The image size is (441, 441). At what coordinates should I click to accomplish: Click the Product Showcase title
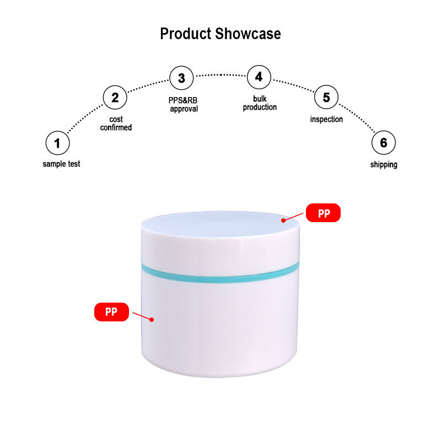pos(220,34)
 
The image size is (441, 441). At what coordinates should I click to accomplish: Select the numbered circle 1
pos(57,143)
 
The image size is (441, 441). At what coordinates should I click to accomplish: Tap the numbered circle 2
pos(115,98)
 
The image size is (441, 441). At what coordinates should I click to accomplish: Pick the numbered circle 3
pos(181,78)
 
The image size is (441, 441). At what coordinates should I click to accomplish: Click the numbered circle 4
pos(259,77)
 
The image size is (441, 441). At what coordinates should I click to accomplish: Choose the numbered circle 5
pos(326,98)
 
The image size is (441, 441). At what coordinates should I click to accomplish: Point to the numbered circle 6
pos(383,143)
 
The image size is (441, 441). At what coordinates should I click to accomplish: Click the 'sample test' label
pos(61,164)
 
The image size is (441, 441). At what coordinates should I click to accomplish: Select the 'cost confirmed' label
pos(116,123)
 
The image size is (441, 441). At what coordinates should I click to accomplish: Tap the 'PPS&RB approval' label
pos(183,105)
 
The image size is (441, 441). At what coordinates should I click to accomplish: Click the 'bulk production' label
pos(260,103)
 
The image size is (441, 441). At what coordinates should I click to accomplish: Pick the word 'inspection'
pos(326,119)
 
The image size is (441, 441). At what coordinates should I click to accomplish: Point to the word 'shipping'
pos(384,164)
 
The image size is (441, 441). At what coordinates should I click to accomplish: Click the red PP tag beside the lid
pos(323,213)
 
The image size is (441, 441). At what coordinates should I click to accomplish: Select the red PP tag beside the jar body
pos(111,312)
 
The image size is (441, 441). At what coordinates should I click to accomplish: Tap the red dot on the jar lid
pos(283,220)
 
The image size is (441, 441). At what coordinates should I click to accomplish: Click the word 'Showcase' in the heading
pos(248,34)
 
